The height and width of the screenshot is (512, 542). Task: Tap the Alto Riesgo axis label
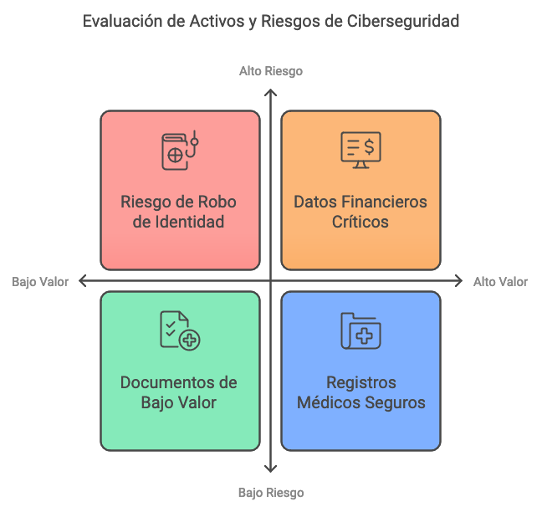point(270,71)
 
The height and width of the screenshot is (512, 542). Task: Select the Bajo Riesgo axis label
point(270,493)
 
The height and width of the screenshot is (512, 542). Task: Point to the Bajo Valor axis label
point(40,282)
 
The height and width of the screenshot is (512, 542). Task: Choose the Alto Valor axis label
point(500,282)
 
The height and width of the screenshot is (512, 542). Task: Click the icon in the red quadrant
point(180,151)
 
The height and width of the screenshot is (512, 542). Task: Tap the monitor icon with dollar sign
point(360,150)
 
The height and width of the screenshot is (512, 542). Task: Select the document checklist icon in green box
point(180,330)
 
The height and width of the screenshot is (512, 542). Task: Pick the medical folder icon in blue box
point(360,330)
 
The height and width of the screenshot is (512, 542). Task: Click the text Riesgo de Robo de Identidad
point(179,212)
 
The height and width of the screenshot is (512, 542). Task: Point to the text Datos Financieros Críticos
point(360,212)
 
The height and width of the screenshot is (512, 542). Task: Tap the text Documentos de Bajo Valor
point(179,392)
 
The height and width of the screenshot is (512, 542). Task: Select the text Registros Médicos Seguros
point(360,392)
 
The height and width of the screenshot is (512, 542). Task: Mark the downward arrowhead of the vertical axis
point(270,470)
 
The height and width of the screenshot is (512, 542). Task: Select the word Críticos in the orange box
point(360,223)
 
